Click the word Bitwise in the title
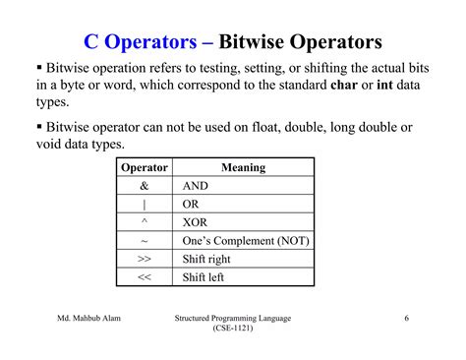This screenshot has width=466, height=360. coord(252,42)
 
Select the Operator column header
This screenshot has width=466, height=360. coord(144,167)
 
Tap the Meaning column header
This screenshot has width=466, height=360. coord(243,167)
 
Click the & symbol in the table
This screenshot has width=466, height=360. coord(144,186)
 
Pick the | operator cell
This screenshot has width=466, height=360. coord(144,205)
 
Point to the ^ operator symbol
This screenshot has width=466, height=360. coord(144,221)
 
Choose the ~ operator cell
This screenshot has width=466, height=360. coord(144,241)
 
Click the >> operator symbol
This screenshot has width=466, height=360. coord(144,259)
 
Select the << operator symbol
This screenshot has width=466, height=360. coord(144,277)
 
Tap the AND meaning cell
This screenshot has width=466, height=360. coord(198,186)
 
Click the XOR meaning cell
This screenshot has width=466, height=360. coord(197,222)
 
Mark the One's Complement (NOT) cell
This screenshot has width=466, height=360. coord(246,241)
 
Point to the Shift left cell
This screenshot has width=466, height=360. coord(204,277)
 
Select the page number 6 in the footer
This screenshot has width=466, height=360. coord(406,319)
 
